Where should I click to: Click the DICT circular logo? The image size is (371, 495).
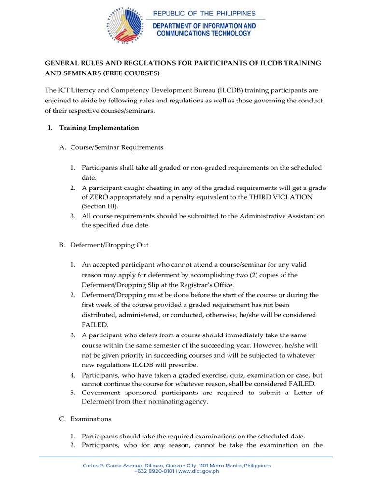[123, 25]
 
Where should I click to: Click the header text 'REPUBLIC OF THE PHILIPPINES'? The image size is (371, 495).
[204, 14]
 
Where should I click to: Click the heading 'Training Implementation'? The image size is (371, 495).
[99, 128]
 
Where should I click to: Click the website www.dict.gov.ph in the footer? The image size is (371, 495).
[199, 471]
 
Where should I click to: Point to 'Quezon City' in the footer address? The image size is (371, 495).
[173, 466]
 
